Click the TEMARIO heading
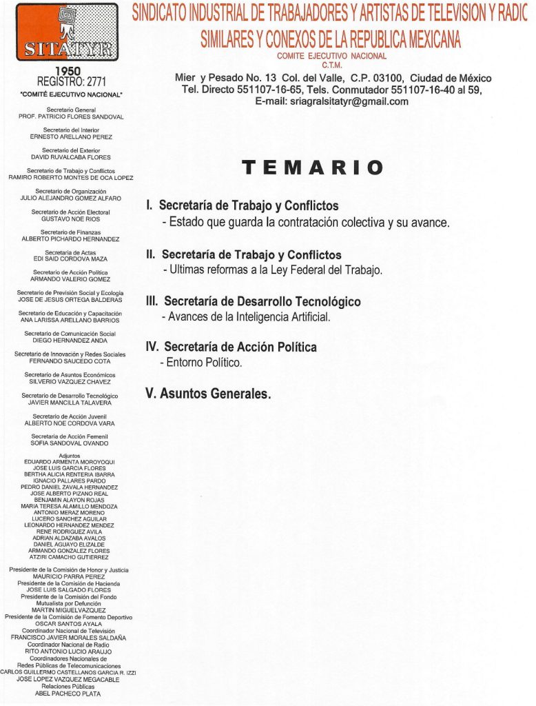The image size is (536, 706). click(x=312, y=168)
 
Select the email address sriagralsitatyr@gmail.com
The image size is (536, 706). click(x=331, y=101)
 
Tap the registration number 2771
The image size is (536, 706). click(x=92, y=82)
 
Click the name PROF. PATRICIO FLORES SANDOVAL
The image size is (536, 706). click(x=71, y=117)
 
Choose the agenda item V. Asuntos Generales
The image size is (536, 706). click(x=208, y=394)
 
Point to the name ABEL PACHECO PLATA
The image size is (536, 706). click(x=67, y=694)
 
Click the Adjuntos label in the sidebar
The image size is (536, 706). click(x=70, y=455)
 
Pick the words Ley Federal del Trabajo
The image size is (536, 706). click(x=325, y=270)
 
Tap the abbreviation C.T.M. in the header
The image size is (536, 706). click(x=332, y=65)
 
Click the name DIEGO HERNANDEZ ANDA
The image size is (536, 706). click(x=70, y=340)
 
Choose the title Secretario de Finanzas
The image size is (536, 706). click(x=70, y=232)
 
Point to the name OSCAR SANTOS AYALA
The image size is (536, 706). click(x=68, y=623)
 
